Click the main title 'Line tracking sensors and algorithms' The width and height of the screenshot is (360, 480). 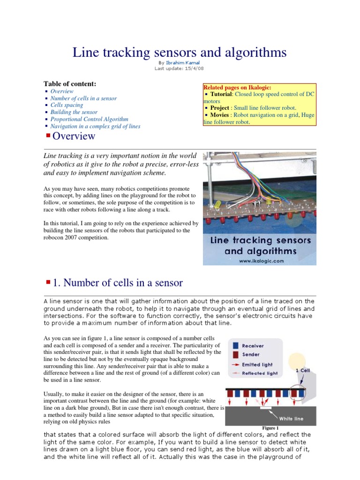pos(180,52)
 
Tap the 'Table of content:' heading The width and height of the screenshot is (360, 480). pos(70,83)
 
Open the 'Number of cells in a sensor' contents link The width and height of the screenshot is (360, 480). pos(83,98)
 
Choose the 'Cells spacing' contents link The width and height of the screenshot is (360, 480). pos(67,105)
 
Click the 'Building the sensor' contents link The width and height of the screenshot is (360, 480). pos(74,112)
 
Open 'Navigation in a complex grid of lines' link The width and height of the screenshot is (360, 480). pos(95,126)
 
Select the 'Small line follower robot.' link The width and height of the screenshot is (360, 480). pos(266,108)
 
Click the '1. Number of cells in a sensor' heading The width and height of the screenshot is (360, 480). pos(118,283)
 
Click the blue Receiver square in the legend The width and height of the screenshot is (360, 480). pos(235,345)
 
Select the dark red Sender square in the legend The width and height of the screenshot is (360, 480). pos(235,355)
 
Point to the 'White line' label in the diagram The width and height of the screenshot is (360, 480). pos(292,419)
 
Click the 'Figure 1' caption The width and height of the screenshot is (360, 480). pos(270,428)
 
